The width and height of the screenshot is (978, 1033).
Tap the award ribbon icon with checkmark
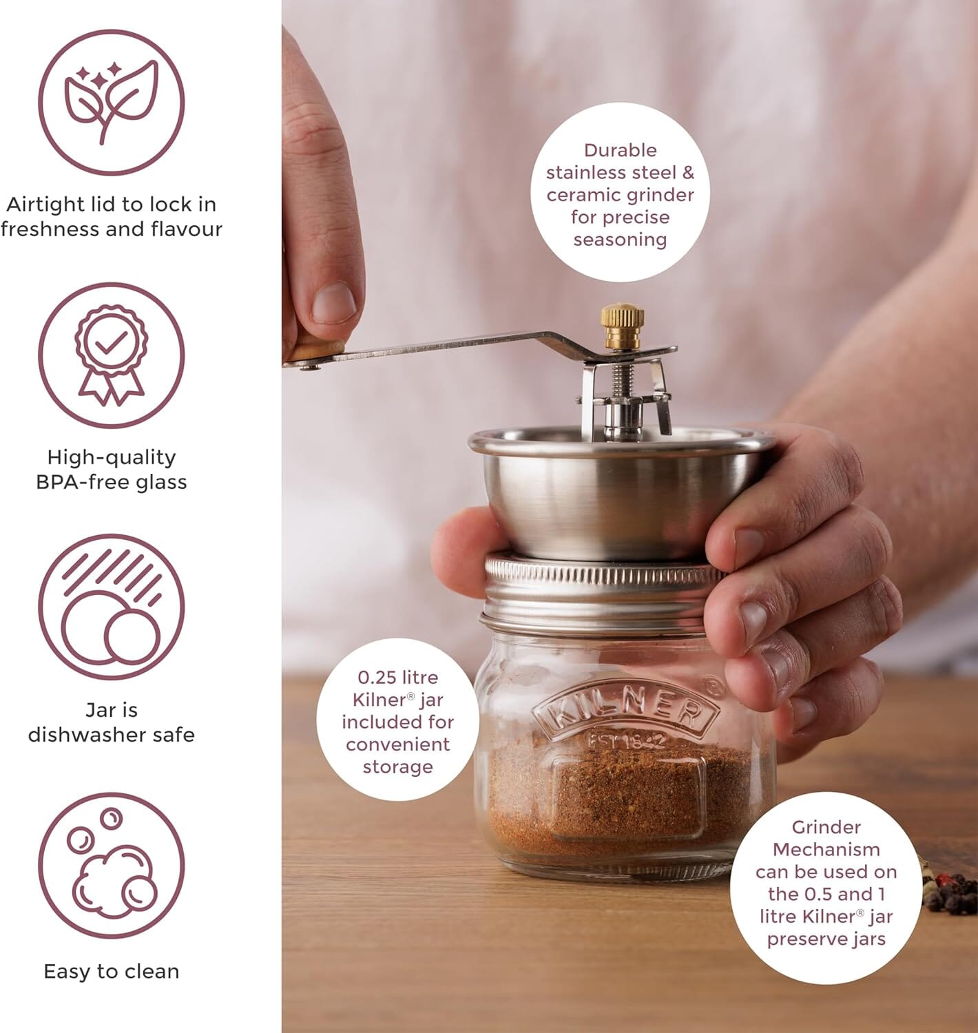(x=111, y=355)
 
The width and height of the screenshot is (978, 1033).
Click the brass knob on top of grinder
(x=622, y=318)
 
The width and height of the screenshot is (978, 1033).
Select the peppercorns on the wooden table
(x=954, y=892)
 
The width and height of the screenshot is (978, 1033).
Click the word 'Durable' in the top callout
(x=620, y=150)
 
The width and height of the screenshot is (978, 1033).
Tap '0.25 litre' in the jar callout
(x=397, y=678)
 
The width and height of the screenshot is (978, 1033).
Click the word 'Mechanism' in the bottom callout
(x=826, y=850)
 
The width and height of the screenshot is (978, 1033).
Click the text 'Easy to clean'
(x=111, y=972)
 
